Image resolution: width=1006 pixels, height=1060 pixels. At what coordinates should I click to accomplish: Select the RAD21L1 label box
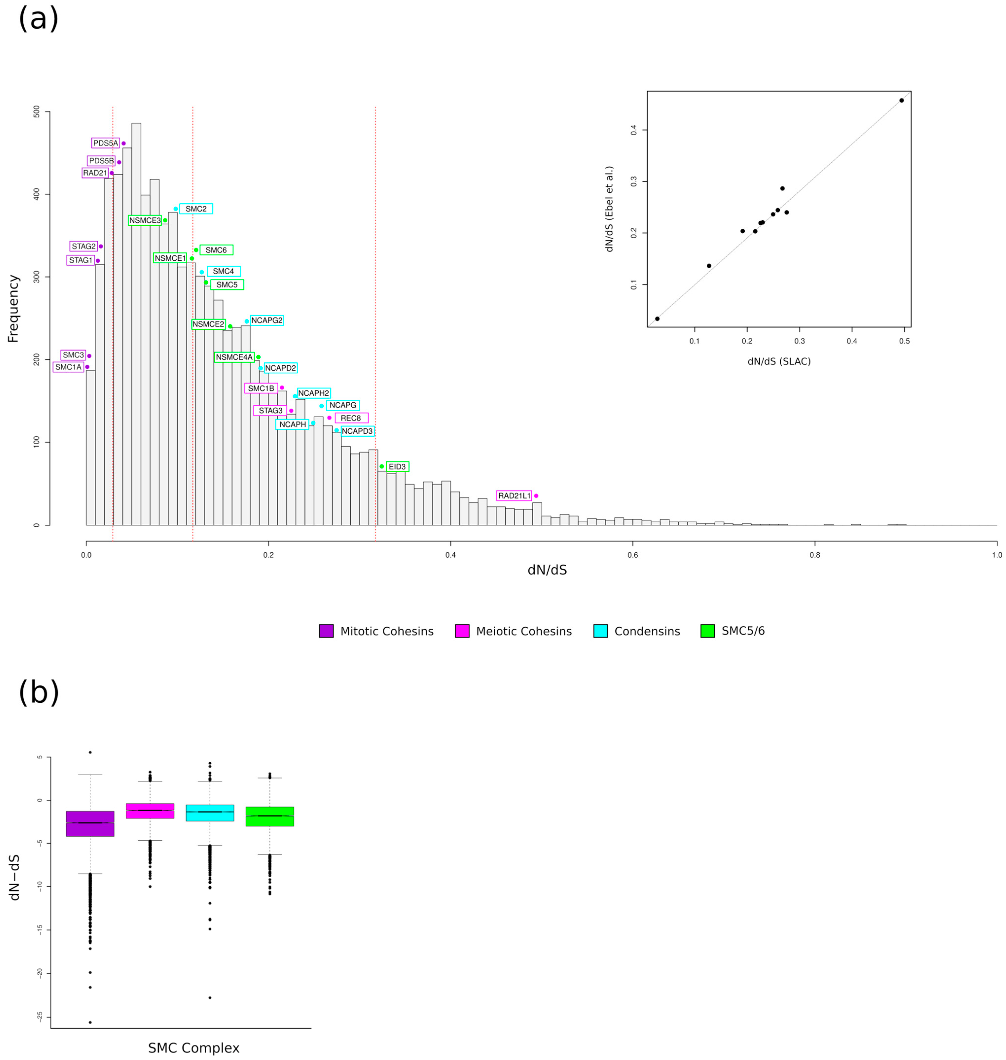click(x=514, y=496)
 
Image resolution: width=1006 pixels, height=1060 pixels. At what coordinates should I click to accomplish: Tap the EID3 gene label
click(x=397, y=467)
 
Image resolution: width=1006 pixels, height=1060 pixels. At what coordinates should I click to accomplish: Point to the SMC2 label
click(x=196, y=209)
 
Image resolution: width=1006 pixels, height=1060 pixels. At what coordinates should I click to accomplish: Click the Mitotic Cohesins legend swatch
click(x=326, y=631)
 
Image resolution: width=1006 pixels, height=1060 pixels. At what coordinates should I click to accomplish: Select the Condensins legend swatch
click(x=601, y=631)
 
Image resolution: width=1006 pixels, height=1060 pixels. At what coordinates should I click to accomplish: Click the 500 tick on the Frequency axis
click(x=36, y=112)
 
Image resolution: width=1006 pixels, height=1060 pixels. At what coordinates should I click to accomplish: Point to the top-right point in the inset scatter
click(x=901, y=100)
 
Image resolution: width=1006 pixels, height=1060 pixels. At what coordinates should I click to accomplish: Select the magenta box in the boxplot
click(x=150, y=811)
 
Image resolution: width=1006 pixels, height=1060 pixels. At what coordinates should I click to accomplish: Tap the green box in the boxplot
click(x=270, y=816)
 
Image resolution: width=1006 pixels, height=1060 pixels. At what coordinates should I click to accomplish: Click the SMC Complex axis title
click(x=194, y=1048)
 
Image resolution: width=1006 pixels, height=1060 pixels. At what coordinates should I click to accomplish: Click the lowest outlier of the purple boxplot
click(x=90, y=1022)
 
